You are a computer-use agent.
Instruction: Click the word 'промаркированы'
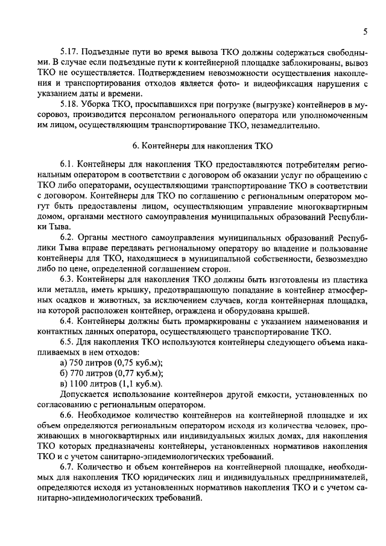click(200, 322)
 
